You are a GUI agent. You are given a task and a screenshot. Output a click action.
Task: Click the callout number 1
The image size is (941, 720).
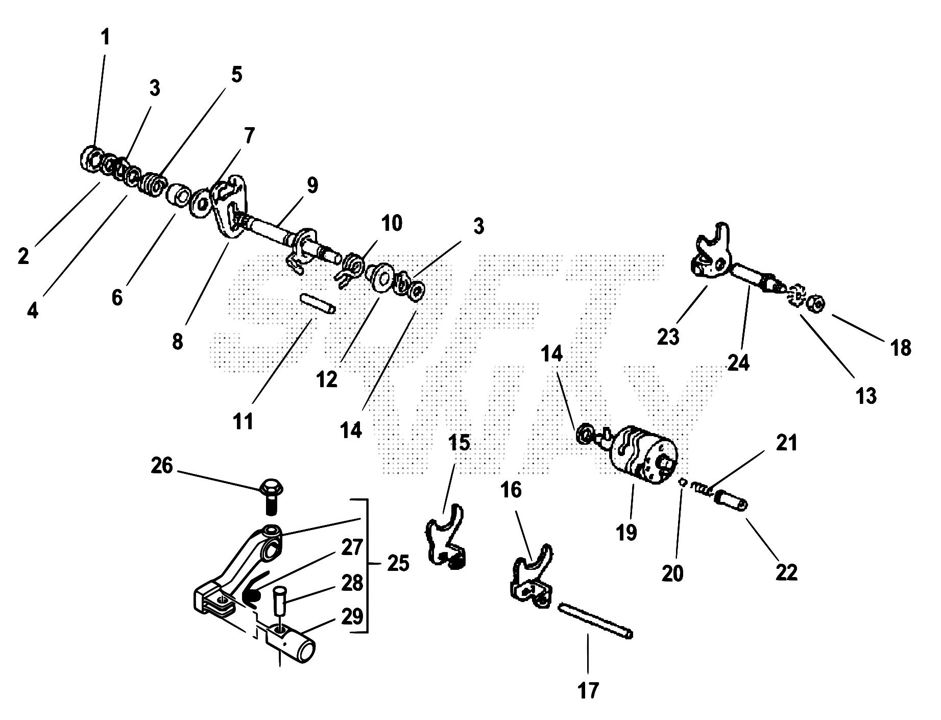pos(105,37)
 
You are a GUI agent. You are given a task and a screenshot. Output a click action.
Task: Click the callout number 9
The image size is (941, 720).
pos(312,185)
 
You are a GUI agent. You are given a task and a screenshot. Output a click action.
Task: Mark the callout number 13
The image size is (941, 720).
pos(866,395)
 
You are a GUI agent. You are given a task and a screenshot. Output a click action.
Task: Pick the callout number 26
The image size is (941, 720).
pos(162,466)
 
